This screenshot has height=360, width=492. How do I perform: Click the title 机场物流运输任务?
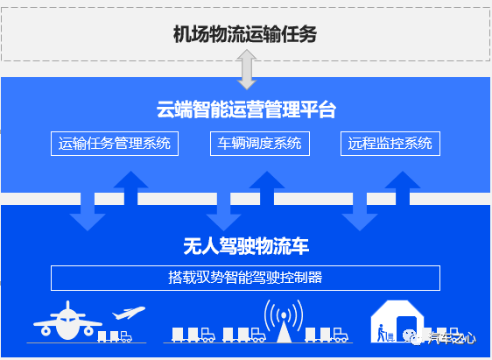(245, 34)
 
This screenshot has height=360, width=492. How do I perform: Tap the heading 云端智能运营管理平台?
(246, 109)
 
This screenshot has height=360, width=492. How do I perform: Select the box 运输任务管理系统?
(115, 144)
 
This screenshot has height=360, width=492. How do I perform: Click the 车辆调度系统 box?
(260, 144)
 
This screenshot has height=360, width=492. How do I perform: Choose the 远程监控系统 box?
(390, 144)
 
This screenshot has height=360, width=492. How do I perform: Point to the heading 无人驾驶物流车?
(246, 246)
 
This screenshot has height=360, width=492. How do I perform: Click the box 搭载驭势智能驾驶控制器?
(245, 278)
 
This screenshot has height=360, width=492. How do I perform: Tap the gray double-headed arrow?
(247, 69)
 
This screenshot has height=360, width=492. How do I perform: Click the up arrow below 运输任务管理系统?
(130, 188)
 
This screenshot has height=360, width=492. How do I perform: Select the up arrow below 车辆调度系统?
(267, 188)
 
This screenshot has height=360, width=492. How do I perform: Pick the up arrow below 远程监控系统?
(403, 188)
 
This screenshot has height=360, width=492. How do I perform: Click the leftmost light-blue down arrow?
(88, 212)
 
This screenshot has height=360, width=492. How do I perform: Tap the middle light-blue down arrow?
(223, 212)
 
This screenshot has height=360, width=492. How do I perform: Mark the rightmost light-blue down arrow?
(360, 212)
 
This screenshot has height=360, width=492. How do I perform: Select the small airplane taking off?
(129, 313)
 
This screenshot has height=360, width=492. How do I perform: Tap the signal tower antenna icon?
(284, 321)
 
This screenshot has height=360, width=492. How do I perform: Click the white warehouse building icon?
(397, 321)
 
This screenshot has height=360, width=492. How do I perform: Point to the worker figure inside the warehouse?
(381, 333)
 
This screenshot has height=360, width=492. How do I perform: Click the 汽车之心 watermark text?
(453, 338)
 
